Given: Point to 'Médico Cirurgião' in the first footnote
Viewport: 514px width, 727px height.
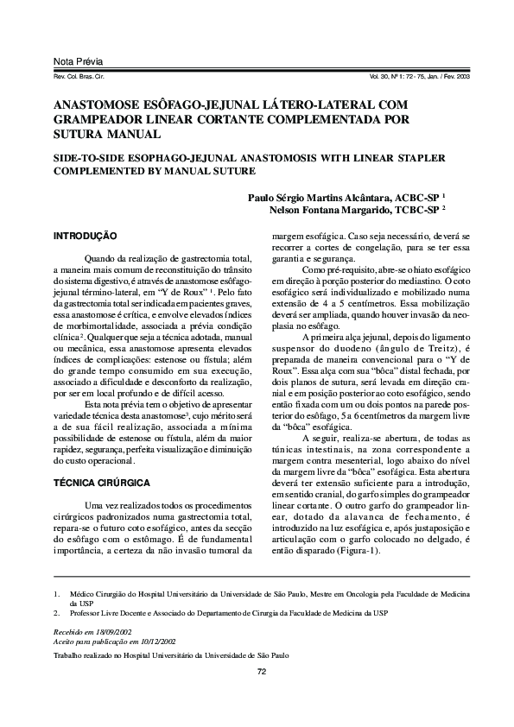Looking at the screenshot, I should point(98,594).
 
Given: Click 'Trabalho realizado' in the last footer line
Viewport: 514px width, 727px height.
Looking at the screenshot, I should point(85,656).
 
